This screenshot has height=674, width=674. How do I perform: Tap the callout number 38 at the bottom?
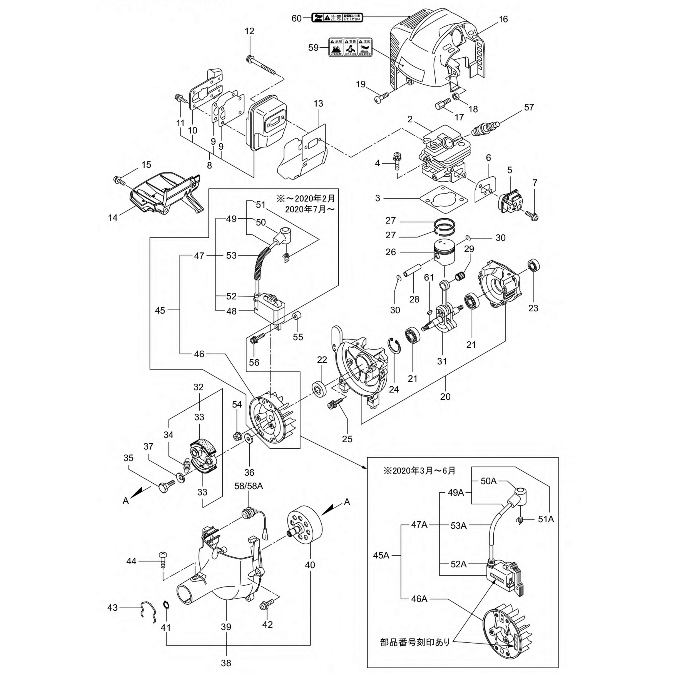226,663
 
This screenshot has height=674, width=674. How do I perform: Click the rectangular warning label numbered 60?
337,18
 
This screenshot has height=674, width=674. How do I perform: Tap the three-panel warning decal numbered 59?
350,47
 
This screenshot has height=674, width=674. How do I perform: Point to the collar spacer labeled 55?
297,316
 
